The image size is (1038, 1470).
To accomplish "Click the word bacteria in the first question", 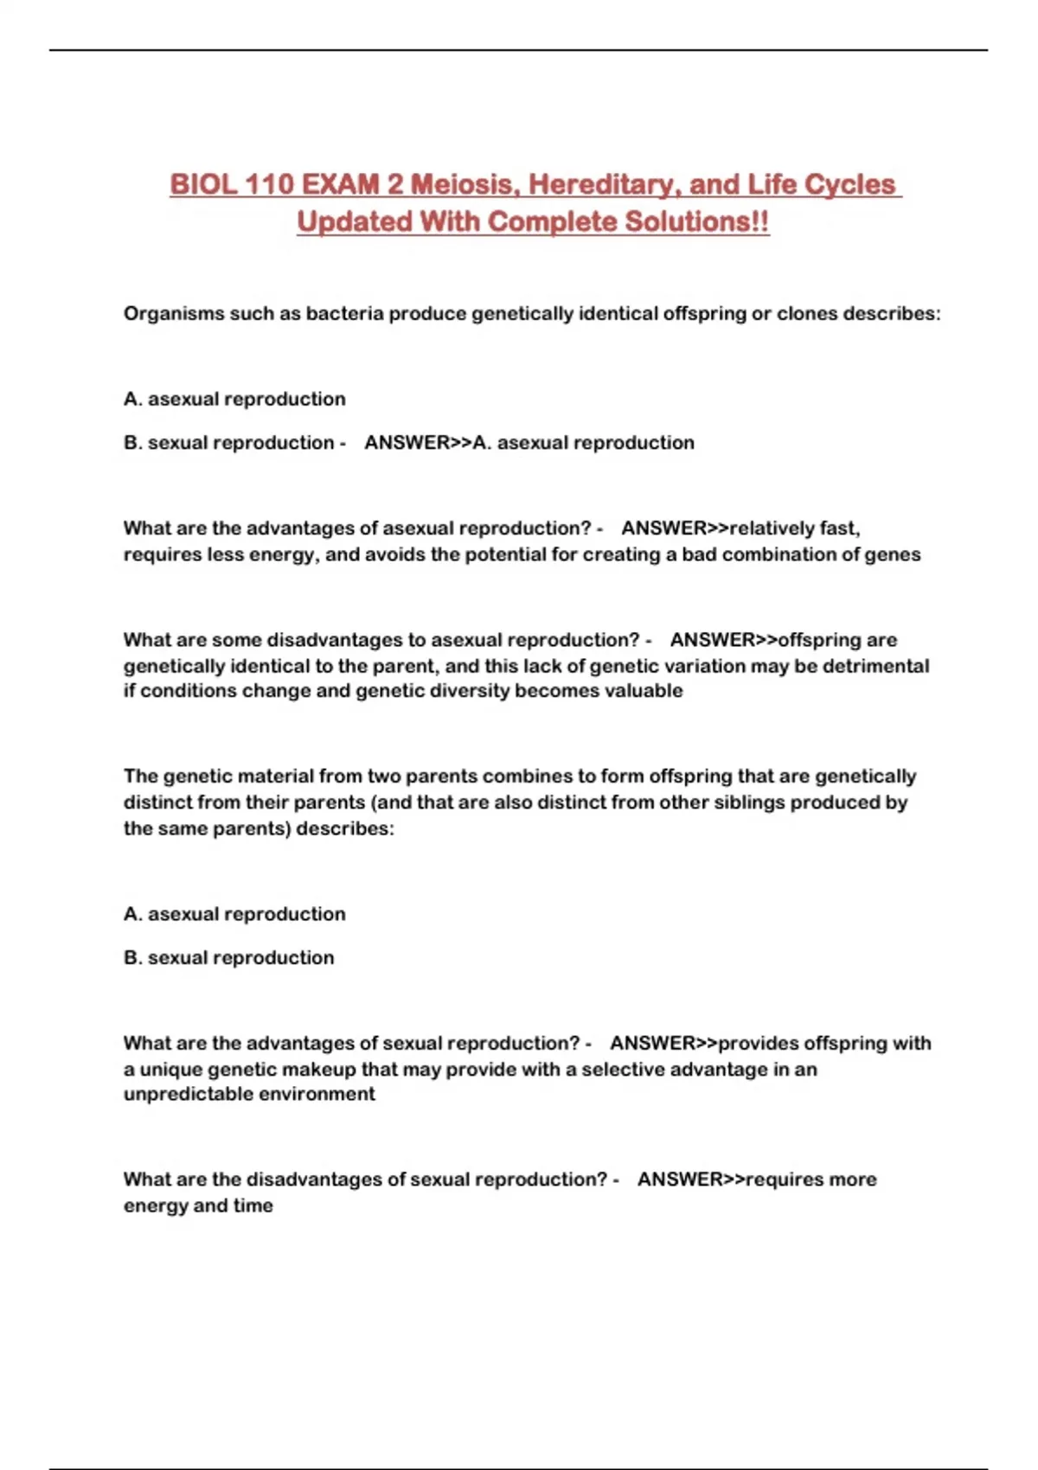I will (344, 314).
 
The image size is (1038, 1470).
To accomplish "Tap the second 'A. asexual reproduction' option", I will (234, 914).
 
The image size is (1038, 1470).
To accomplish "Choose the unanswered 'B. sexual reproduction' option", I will (228, 958).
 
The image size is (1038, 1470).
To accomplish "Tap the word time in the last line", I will (253, 1205).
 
